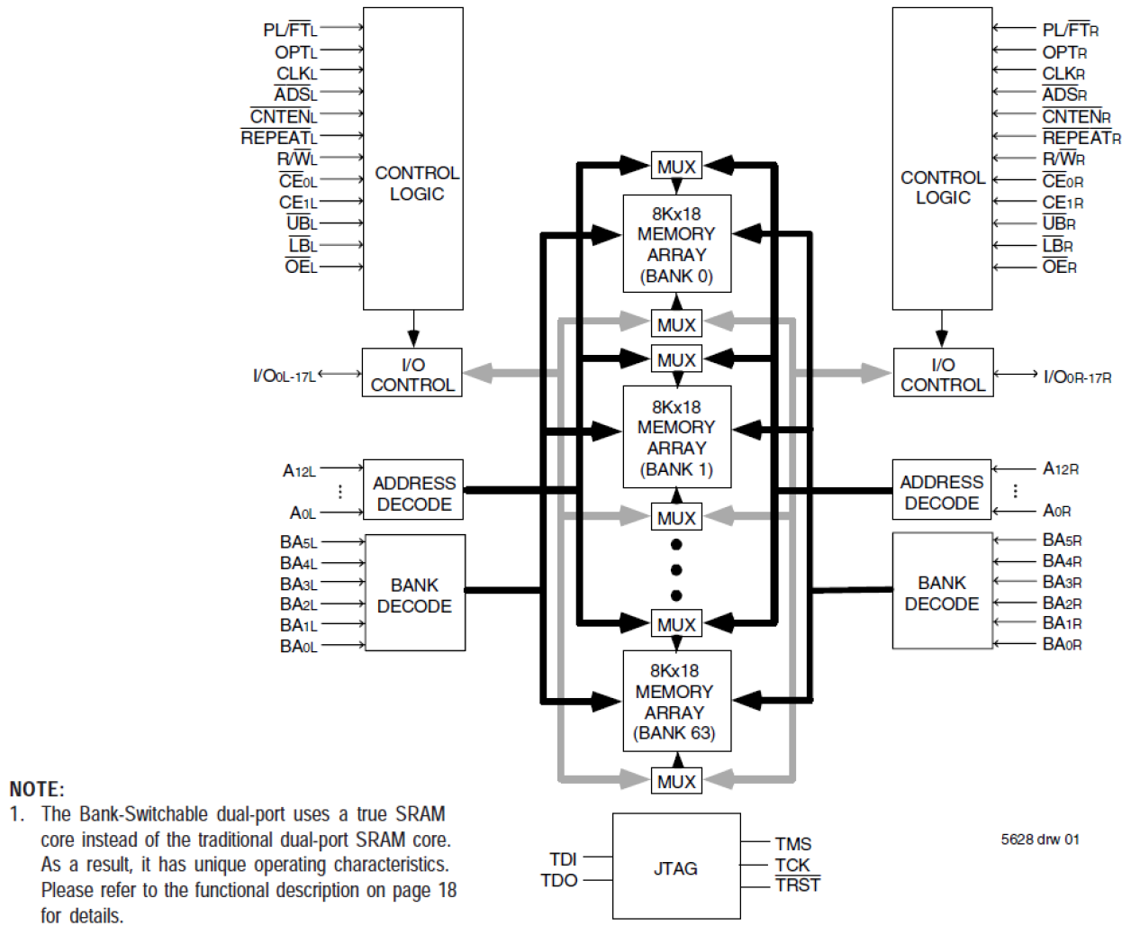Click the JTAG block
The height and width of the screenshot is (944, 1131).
pyautogui.click(x=675, y=867)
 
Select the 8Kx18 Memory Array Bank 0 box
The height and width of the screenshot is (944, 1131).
pyautogui.click(x=676, y=244)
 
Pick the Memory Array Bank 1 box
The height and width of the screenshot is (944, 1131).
pyautogui.click(x=676, y=437)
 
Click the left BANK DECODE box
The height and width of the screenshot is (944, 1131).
pyautogui.click(x=414, y=594)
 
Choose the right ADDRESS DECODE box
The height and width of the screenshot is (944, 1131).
pyautogui.click(x=941, y=492)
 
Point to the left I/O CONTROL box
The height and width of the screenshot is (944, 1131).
pyautogui.click(x=412, y=374)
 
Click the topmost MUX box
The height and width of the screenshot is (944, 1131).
pyautogui.click(x=676, y=167)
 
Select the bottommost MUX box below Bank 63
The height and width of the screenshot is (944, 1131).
pyautogui.click(x=676, y=781)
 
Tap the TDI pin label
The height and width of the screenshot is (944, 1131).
pyautogui.click(x=563, y=858)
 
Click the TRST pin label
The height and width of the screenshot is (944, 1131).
pyautogui.click(x=798, y=885)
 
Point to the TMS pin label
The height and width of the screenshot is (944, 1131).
pyautogui.click(x=793, y=844)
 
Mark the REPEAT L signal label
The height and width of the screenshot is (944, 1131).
pyautogui.click(x=279, y=138)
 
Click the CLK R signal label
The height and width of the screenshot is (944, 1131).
pyautogui.click(x=1063, y=73)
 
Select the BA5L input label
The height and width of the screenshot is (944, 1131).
pyautogui.click(x=298, y=542)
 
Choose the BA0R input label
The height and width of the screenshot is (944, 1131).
pyautogui.click(x=1062, y=644)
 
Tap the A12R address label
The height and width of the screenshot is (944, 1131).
pyautogui.click(x=1061, y=468)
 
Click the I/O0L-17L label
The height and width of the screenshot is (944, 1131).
pyautogui.click(x=285, y=375)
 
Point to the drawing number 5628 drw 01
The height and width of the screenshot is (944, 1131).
pyautogui.click(x=1040, y=840)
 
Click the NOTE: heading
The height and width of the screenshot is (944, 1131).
pyautogui.click(x=37, y=789)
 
